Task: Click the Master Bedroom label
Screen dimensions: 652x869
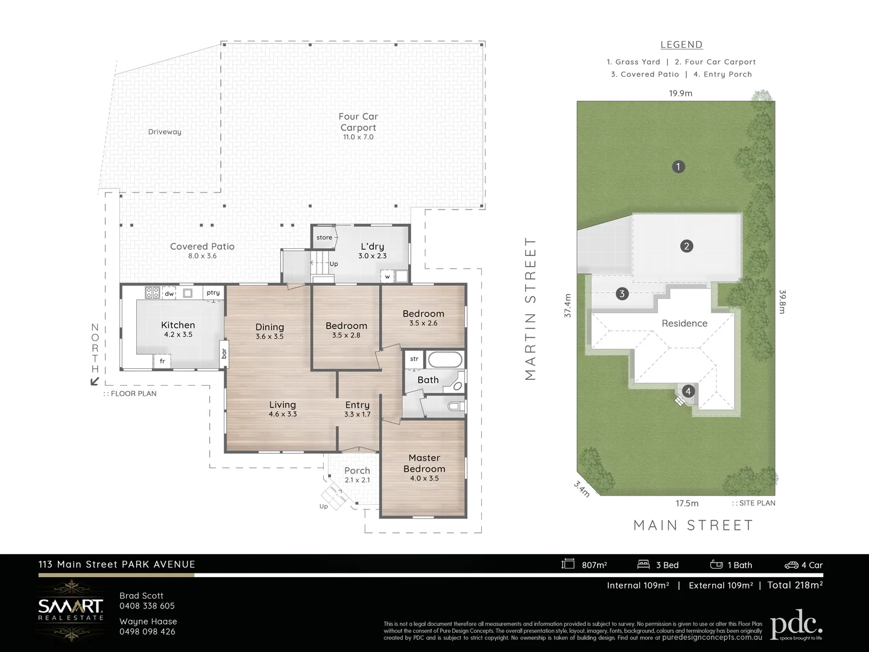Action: click(x=424, y=463)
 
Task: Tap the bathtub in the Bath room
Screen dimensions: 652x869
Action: click(x=445, y=360)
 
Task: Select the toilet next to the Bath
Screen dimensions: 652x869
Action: click(x=455, y=406)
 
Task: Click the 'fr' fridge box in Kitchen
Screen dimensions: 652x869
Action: click(x=162, y=361)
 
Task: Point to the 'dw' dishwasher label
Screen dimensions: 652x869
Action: click(x=169, y=294)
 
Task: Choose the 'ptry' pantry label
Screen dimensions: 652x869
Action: click(x=213, y=293)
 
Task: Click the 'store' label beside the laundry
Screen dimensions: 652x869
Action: click(x=324, y=237)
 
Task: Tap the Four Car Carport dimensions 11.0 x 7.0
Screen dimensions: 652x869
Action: click(x=358, y=137)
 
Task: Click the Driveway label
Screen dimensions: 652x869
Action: click(x=165, y=132)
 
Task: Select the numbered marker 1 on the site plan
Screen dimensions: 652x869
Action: click(x=678, y=167)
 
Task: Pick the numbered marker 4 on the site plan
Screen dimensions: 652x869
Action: click(x=688, y=391)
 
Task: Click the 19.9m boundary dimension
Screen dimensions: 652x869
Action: click(x=680, y=93)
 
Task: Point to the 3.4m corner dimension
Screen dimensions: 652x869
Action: click(x=582, y=488)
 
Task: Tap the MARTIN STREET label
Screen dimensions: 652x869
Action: click(x=530, y=308)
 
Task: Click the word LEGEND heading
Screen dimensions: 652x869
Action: click(x=681, y=45)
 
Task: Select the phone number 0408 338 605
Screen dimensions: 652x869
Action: click(x=147, y=606)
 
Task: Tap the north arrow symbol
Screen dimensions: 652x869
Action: click(x=94, y=381)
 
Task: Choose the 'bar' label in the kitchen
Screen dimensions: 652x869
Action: click(x=224, y=353)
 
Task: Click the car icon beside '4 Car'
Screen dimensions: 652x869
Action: click(x=791, y=565)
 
